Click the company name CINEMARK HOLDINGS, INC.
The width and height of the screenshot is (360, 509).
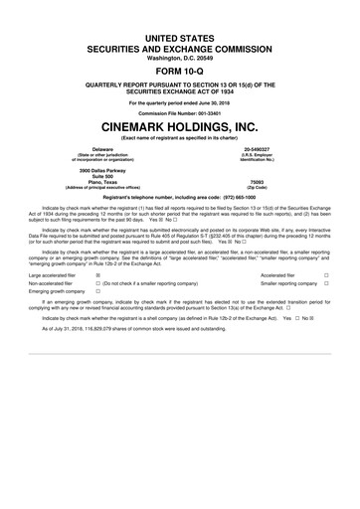point(180,129)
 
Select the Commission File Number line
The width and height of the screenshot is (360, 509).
point(180,113)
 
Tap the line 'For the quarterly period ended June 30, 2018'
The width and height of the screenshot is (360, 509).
point(180,102)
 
